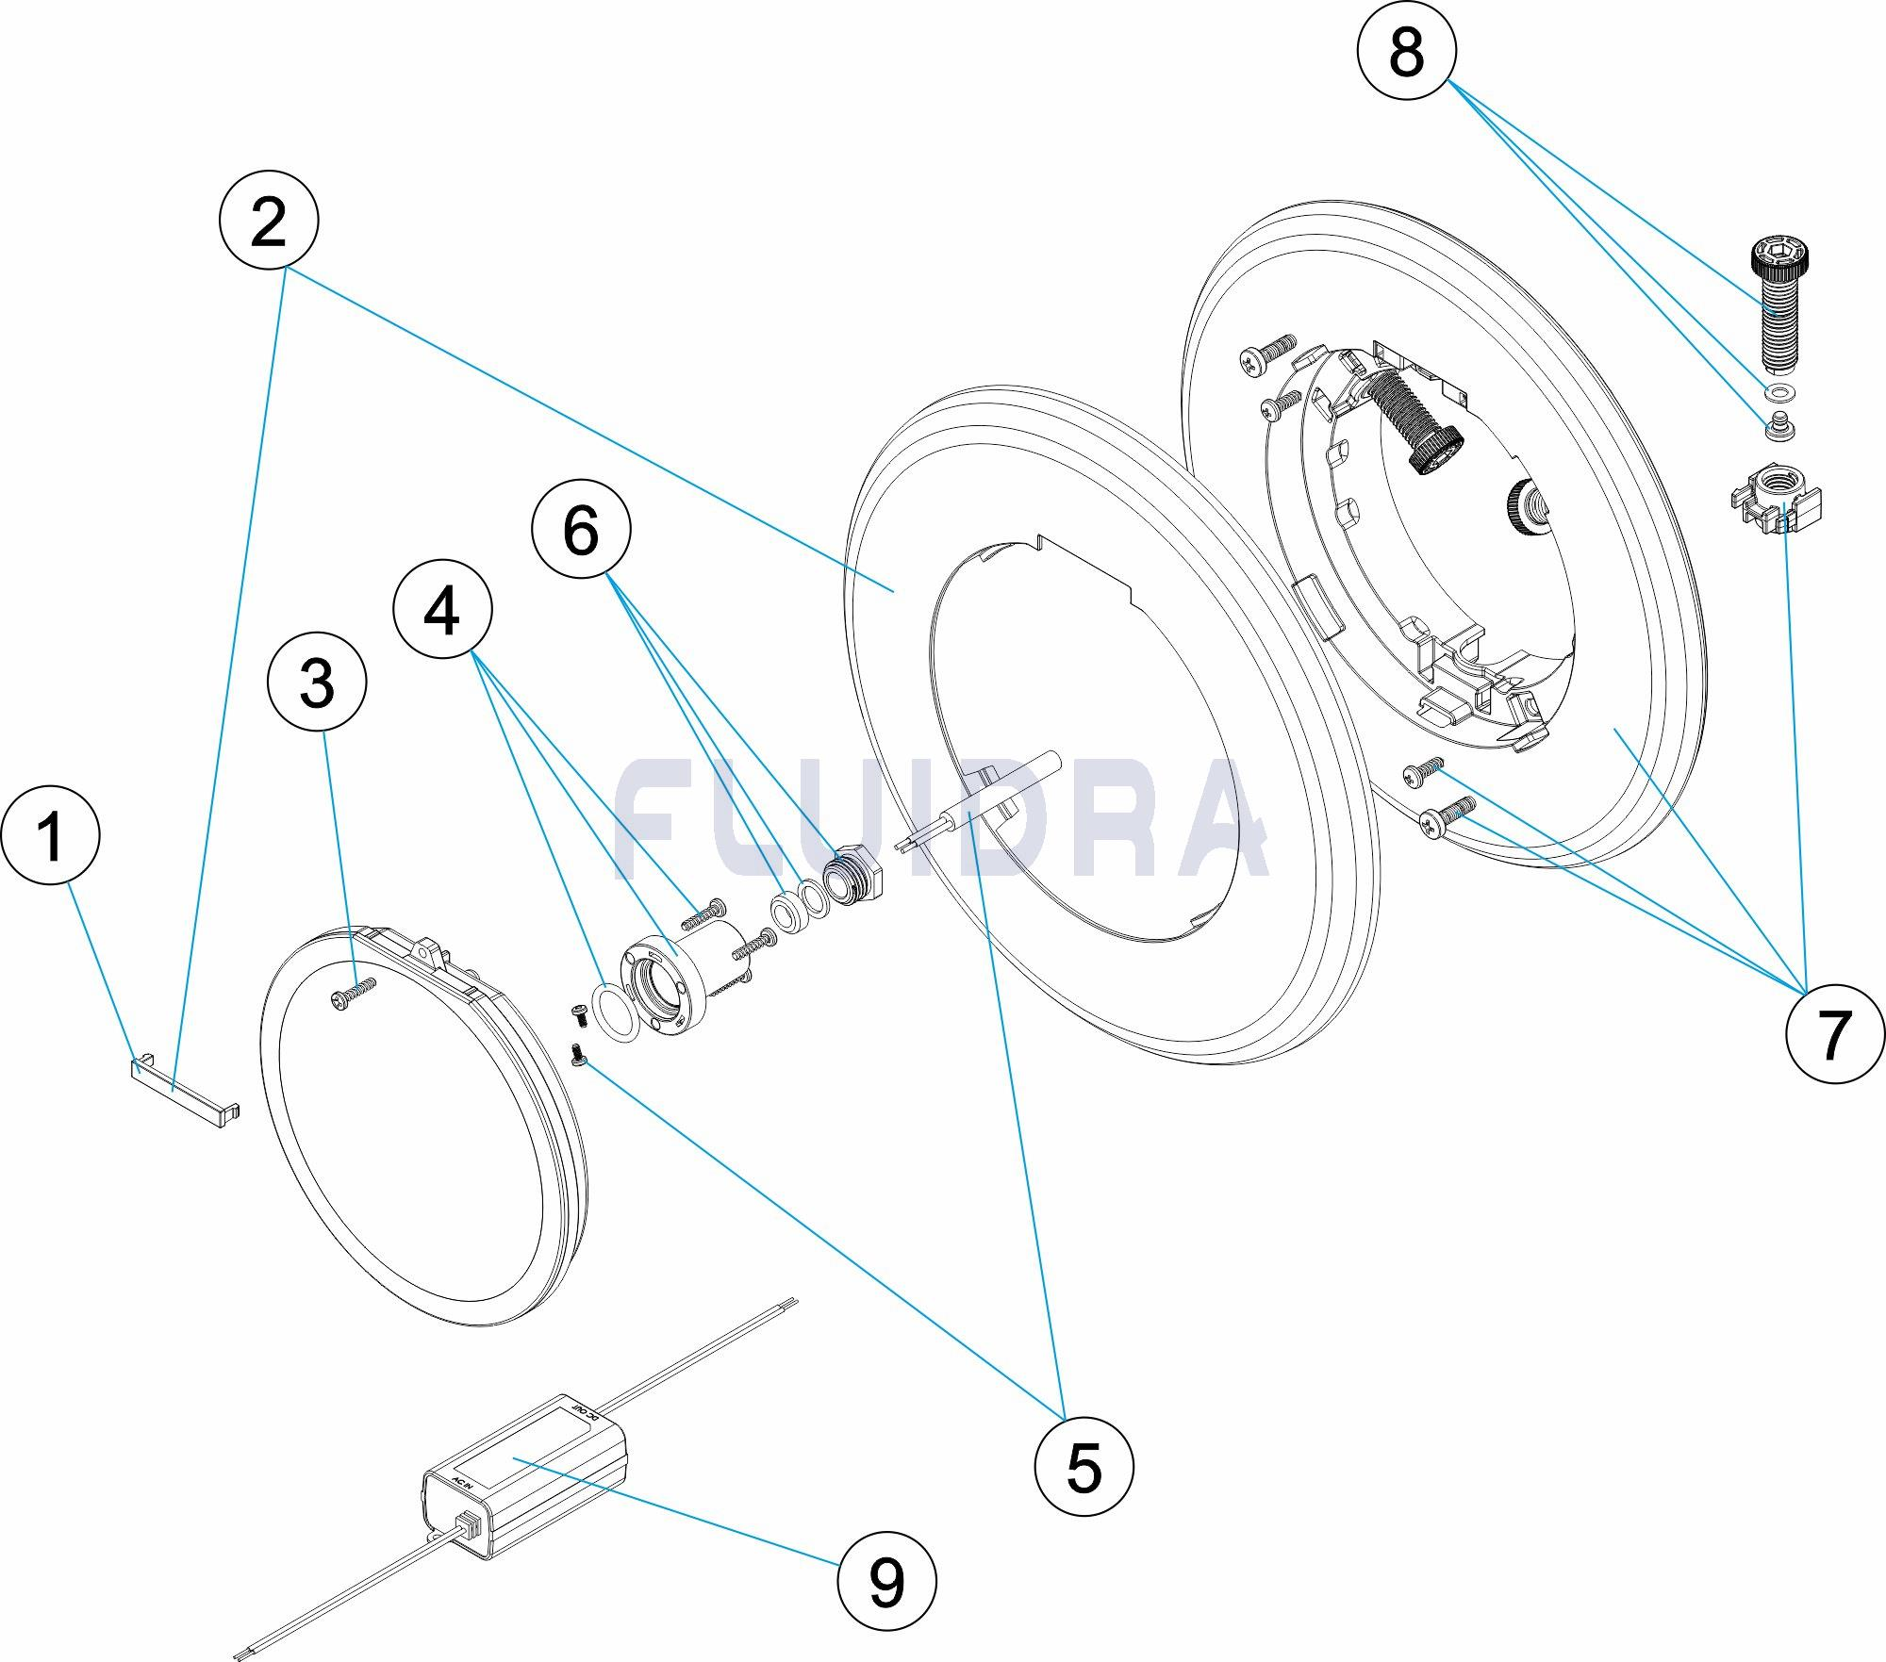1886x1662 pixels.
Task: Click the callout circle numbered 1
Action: (x=50, y=835)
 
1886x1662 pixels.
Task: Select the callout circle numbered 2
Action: (x=269, y=222)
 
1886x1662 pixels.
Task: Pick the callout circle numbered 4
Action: (x=442, y=612)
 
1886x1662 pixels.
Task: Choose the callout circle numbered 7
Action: (x=1834, y=1034)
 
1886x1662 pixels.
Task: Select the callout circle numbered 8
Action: (x=1406, y=51)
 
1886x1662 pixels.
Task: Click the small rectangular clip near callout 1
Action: (x=185, y=1093)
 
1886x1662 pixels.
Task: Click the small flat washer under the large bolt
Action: (x=1779, y=392)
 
